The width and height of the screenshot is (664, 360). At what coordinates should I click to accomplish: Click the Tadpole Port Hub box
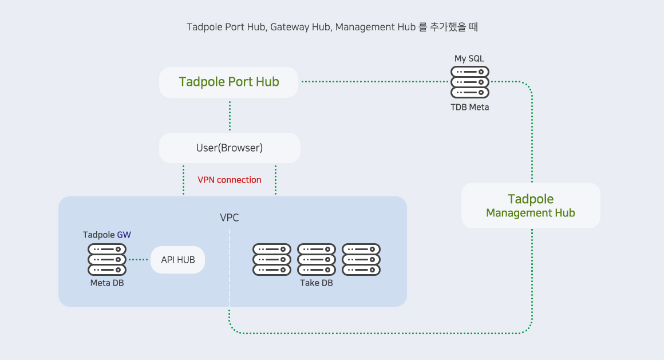tap(229, 82)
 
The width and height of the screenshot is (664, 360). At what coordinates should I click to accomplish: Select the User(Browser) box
tap(229, 148)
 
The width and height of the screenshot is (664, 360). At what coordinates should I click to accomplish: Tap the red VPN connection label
tap(230, 180)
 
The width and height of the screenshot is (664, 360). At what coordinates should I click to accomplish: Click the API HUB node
tap(177, 260)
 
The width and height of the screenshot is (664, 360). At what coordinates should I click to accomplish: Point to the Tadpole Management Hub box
tap(531, 205)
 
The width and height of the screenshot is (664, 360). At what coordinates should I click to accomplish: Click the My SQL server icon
tap(470, 82)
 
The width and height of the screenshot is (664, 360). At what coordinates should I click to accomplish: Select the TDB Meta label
tap(470, 107)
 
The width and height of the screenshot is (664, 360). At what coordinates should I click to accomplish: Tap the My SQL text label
tap(470, 58)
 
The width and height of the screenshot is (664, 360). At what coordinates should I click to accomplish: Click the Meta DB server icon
tap(107, 259)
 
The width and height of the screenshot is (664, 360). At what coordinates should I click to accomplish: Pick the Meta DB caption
tap(107, 283)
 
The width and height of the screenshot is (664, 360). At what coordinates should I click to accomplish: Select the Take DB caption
tap(317, 283)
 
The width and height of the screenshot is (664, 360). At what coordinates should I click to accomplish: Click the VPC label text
tap(230, 218)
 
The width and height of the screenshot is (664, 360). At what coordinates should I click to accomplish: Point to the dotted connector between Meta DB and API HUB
tap(138, 260)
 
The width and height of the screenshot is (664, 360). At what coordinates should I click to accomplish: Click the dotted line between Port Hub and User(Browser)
tap(230, 116)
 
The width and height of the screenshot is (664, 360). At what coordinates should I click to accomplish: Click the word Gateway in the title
tap(290, 27)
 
